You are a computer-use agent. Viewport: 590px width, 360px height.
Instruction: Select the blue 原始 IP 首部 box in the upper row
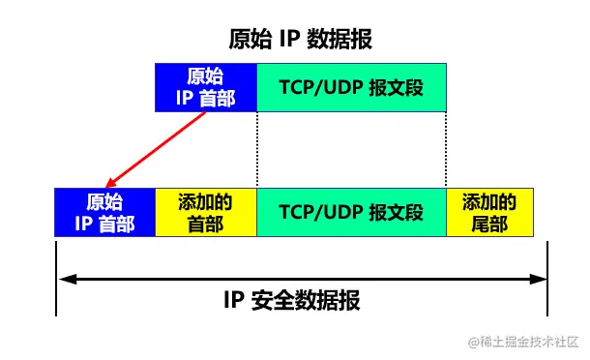(206, 87)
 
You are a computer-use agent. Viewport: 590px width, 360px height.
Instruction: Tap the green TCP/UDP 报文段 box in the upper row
(351, 87)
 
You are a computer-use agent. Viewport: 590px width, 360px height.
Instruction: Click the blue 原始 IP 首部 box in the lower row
(105, 213)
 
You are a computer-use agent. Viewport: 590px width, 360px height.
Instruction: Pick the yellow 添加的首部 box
(206, 213)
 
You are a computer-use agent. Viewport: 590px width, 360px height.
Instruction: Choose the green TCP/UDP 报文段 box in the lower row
(351, 213)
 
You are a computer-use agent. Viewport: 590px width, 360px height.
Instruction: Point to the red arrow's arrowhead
(110, 184)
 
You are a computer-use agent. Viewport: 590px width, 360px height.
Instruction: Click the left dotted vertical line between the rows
(257, 150)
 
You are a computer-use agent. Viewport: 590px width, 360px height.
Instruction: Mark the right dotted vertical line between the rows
(446, 150)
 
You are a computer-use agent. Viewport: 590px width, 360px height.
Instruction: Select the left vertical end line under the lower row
(57, 276)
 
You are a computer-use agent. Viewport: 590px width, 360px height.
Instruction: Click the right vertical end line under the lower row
(547, 276)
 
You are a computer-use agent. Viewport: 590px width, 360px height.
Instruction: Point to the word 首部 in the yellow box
(206, 224)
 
